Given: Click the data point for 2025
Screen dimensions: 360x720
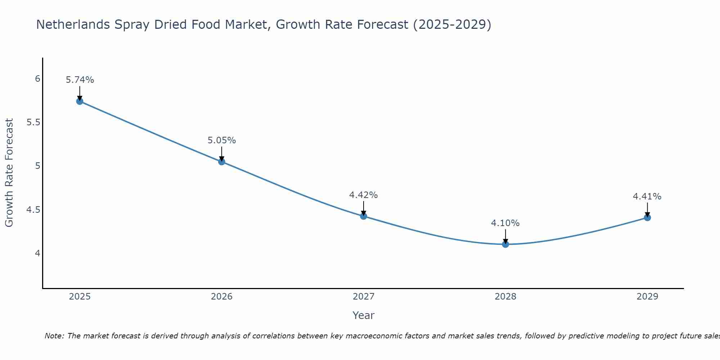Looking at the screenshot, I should pos(80,101).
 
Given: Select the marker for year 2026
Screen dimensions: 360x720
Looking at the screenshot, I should pos(221,162).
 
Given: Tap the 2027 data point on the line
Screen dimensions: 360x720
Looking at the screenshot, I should pos(363,216).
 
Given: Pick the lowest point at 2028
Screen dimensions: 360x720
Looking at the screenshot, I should pos(505,244).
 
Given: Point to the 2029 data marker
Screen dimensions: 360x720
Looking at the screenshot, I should pos(647,217).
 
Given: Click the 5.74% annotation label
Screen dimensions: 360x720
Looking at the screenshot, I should pos(80,80).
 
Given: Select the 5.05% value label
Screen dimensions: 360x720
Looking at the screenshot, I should pos(221,140).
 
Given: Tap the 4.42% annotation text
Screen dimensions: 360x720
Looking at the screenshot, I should pos(363,195).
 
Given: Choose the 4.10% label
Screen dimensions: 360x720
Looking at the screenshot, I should pos(505,223).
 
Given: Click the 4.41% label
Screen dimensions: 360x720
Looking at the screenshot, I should pos(647,197).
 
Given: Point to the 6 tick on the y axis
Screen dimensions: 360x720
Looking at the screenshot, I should pos(37,79).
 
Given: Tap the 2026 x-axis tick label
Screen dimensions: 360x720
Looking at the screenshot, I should pos(221,297).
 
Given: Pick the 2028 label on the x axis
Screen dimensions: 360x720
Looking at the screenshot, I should pos(505,297).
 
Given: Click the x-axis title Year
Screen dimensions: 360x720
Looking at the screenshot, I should pos(363,315).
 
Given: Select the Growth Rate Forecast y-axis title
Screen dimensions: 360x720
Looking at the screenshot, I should pos(9,173).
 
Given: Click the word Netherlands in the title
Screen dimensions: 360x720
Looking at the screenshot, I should pos(72,24).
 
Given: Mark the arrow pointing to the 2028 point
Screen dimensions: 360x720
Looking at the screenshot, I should pos(505,237).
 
